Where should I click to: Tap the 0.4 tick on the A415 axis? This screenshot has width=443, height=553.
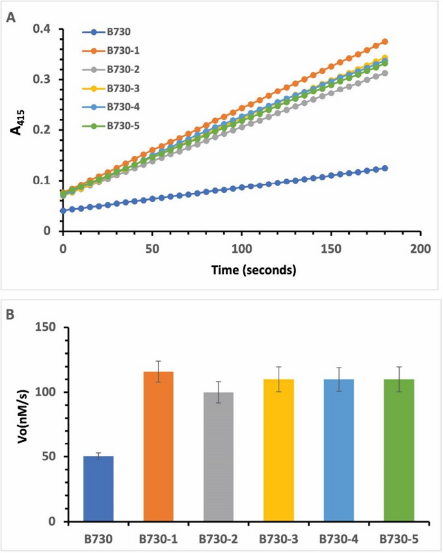[x=43, y=30]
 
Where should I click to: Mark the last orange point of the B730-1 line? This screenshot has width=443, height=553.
[x=385, y=41]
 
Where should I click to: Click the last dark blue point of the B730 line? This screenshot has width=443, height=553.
[x=385, y=168]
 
